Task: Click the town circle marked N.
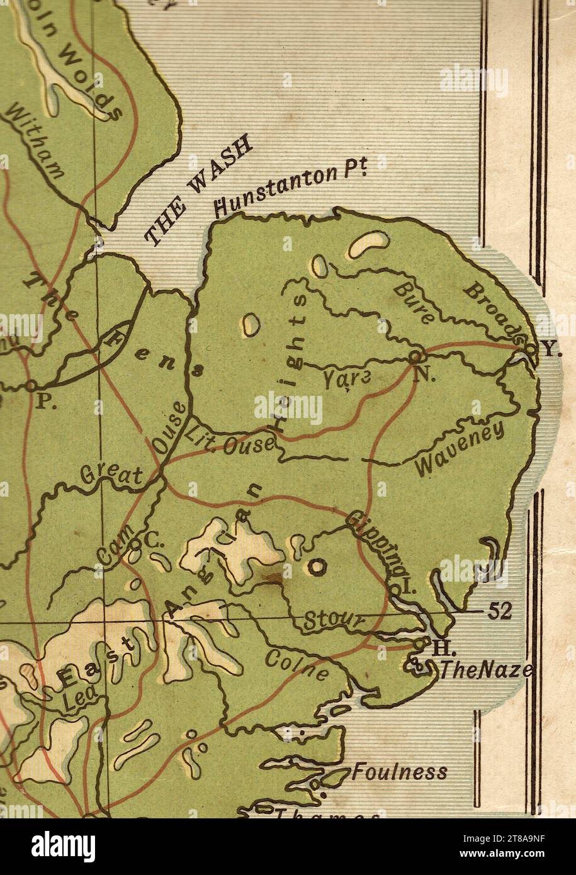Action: tap(414, 357)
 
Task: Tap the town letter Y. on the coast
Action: tap(551, 351)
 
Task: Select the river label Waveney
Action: tap(460, 449)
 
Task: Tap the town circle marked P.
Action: tap(31, 384)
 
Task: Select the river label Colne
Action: tap(296, 665)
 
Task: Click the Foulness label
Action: tap(400, 771)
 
